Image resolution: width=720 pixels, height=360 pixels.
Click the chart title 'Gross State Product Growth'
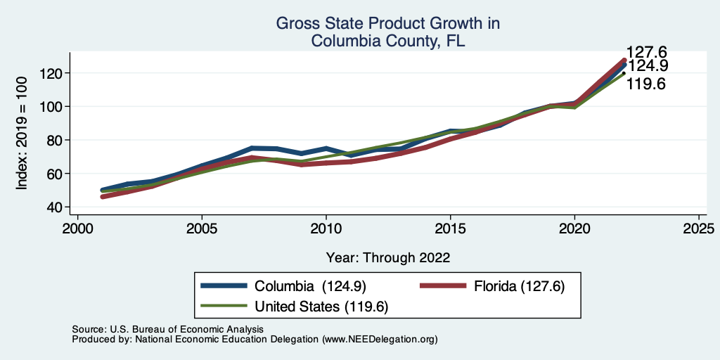[387, 24]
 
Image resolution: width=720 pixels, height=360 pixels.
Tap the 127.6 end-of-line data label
[646, 52]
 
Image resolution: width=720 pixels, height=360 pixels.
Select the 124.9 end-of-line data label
[647, 66]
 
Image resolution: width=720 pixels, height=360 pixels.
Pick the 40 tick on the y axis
[56, 207]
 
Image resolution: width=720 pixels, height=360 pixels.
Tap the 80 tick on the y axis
[56, 140]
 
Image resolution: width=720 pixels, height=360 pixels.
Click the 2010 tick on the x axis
[326, 229]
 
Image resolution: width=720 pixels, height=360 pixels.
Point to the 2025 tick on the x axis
[699, 229]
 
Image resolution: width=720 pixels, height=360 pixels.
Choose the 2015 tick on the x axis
[451, 229]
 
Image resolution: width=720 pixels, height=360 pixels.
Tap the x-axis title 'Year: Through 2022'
[388, 257]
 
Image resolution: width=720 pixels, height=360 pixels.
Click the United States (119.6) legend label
[321, 307]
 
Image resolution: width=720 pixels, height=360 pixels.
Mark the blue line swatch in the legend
[224, 286]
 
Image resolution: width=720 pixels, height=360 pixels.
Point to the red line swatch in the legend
[443, 286]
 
